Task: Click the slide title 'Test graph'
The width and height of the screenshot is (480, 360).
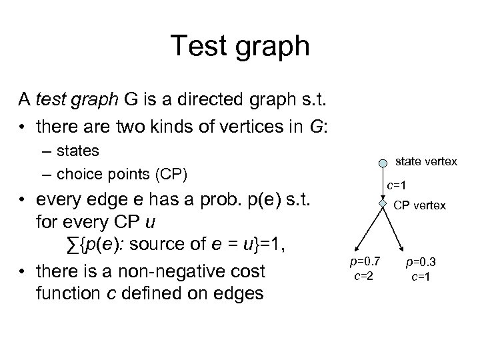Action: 240,46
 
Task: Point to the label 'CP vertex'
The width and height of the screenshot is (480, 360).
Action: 419,205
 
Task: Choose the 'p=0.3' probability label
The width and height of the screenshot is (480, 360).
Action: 419,263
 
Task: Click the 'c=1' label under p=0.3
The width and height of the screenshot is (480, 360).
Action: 419,275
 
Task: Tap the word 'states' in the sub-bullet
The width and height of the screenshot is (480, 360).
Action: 77,153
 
